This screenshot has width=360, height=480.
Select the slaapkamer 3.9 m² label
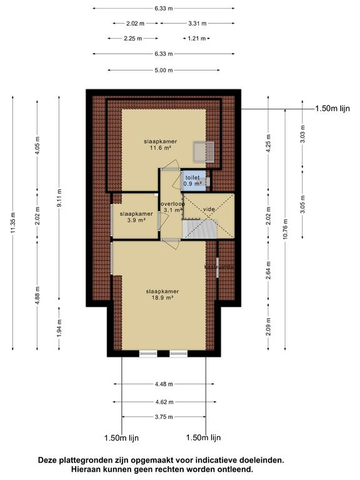(x=132, y=217)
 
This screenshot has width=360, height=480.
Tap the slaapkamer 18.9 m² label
(x=162, y=294)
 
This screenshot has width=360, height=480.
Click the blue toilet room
(x=192, y=181)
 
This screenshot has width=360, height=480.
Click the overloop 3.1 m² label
(x=171, y=207)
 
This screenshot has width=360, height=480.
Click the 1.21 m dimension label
(x=196, y=39)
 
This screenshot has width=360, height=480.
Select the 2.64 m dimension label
(x=268, y=272)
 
